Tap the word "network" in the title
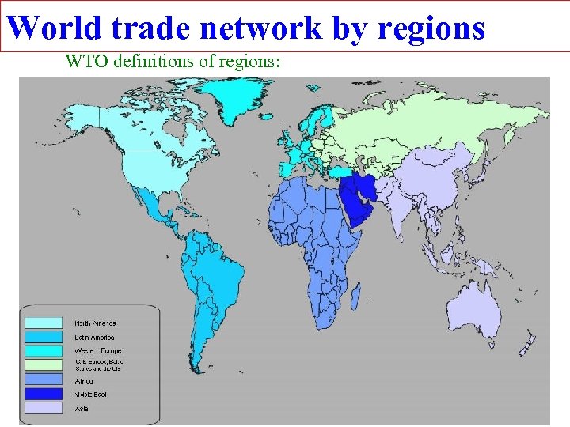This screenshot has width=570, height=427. click(260, 28)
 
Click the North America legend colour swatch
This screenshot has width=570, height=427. click(44, 323)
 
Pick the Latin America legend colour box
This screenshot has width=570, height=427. click(44, 337)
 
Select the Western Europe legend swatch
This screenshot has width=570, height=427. click(44, 350)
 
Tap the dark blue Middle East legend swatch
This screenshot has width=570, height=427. click(44, 393)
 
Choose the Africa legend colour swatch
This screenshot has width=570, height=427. click(44, 380)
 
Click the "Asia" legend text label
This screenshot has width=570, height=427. click(82, 408)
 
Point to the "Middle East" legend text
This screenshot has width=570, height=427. click(90, 394)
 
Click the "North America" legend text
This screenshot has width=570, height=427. click(95, 323)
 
